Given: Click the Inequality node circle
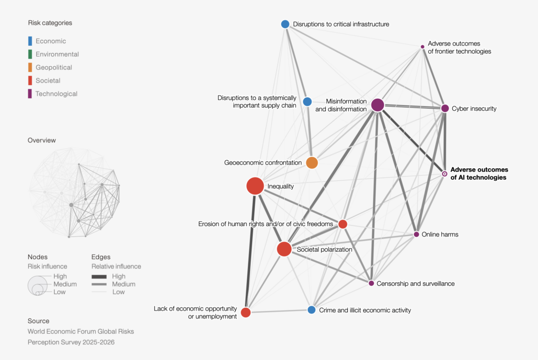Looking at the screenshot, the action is point(255,186).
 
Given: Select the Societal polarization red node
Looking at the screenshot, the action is point(284,249).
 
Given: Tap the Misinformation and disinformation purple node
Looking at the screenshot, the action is point(377,105).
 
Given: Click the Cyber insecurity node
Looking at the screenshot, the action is point(444,108).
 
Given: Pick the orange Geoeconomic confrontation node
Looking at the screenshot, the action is point(312,163).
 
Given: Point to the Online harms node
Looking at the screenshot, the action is point(416,234).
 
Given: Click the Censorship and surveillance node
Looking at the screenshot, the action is point(371,283).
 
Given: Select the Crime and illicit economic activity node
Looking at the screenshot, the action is point(312,310).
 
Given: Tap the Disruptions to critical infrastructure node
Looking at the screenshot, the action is point(285,24).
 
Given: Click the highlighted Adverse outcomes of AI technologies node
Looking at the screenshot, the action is point(444,174).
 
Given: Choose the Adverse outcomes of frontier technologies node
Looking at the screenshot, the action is point(422,47).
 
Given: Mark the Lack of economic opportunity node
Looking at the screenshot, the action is point(246,312).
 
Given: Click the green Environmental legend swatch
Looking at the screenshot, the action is point(30,54).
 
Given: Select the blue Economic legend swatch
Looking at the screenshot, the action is point(30,41).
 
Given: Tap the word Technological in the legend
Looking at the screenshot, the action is point(56,94).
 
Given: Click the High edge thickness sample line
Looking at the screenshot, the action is point(99,276).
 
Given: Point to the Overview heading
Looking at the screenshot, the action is point(42,140).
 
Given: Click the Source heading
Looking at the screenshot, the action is point(38,321).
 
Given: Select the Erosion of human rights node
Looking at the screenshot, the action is point(343,224).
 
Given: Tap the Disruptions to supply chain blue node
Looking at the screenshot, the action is point(307,101).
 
